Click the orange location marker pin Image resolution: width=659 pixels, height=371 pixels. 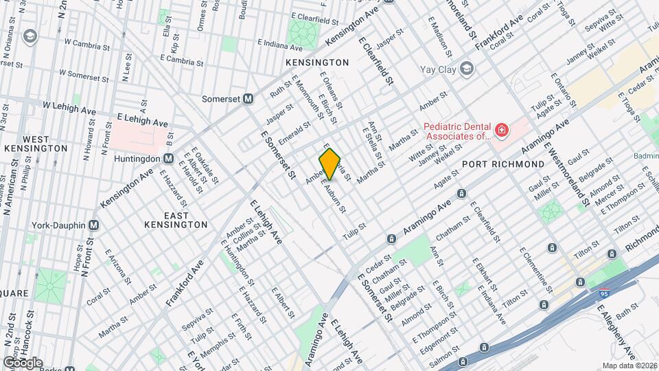point(330,164)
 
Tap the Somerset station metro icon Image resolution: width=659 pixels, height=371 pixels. point(248,99)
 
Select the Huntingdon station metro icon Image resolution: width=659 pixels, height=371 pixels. point(167,159)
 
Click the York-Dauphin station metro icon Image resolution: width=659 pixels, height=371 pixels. point(95,225)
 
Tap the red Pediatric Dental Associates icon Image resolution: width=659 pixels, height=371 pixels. point(502,130)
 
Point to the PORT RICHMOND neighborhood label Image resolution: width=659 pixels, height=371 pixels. point(502,164)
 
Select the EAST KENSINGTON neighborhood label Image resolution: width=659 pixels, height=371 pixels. point(176,220)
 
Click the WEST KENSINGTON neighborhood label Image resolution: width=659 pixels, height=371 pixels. point(36,142)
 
